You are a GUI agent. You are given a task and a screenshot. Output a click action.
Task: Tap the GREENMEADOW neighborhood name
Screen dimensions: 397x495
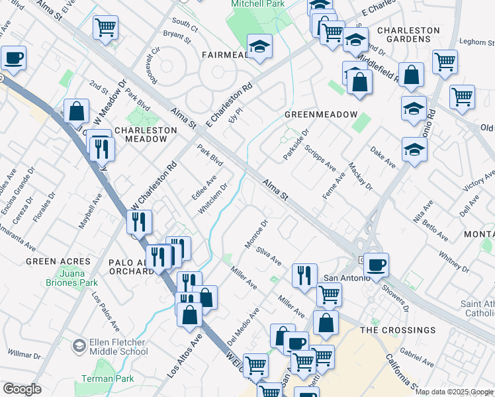pyautogui.click(x=321, y=114)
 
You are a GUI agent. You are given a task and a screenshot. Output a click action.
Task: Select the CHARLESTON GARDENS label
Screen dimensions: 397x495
pyautogui.click(x=408, y=35)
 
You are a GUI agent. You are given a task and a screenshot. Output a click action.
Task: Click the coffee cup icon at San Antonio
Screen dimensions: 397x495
pyautogui.click(x=376, y=265)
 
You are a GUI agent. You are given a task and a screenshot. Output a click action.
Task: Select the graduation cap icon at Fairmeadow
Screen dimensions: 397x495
pyautogui.click(x=260, y=46)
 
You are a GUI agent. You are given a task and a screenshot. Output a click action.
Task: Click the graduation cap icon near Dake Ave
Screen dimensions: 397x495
pyautogui.click(x=414, y=150)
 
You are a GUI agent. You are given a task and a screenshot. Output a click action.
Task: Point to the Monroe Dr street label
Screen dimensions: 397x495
pyautogui.click(x=256, y=235)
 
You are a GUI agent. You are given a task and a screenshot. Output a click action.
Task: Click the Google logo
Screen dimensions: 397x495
pyautogui.click(x=22, y=389)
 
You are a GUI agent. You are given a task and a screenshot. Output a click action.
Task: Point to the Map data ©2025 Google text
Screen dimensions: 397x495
pyautogui.click(x=454, y=392)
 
